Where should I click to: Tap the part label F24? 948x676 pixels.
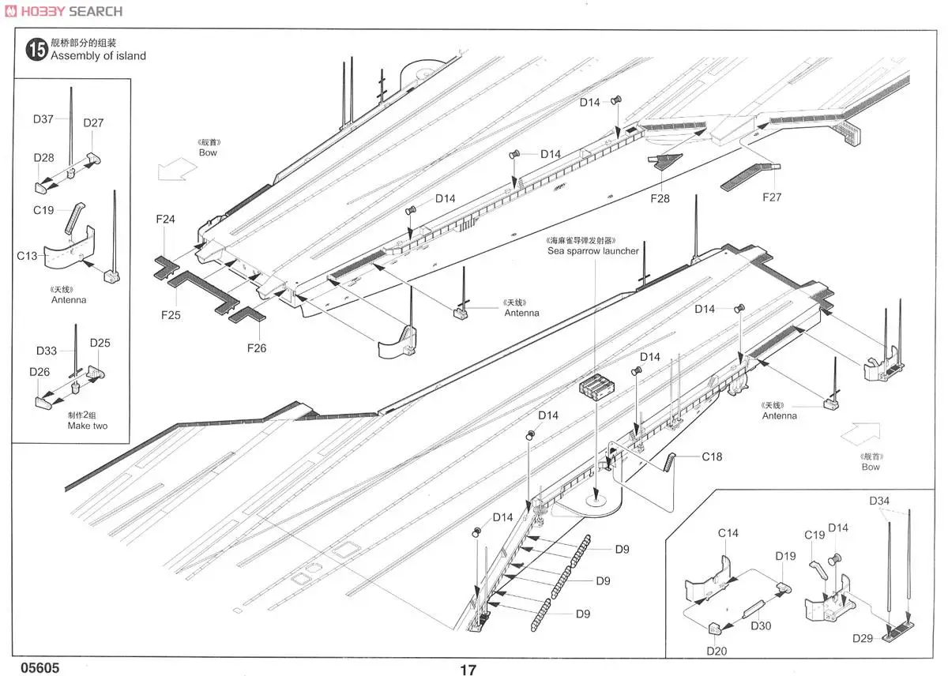165,220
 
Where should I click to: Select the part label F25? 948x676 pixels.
171,314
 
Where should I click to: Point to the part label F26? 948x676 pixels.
256,347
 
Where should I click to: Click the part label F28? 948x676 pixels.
659,198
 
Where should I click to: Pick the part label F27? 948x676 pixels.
771,197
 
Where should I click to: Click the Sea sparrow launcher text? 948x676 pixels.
593,251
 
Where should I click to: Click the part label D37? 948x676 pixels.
43,119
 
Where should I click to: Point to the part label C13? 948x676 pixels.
28,255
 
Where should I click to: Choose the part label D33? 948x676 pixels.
47,351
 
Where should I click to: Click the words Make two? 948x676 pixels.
87,426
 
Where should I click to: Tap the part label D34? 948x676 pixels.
879,501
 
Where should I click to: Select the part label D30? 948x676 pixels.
761,625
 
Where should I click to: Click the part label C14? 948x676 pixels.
728,533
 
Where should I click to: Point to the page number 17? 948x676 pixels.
468,670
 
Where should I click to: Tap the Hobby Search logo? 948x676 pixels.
62,11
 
